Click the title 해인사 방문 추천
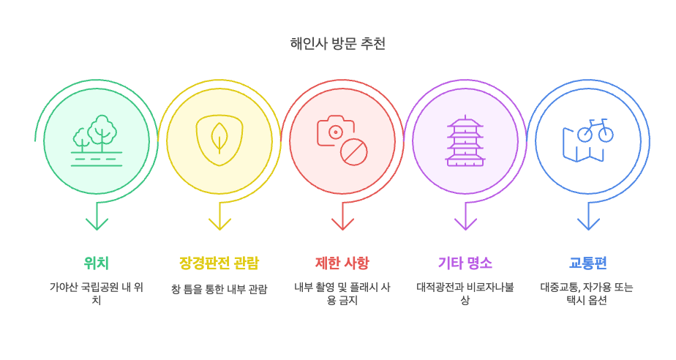click(337, 44)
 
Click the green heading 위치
click(97, 263)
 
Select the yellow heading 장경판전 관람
click(219, 263)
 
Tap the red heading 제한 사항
click(342, 263)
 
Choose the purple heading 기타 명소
click(465, 263)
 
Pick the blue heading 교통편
click(587, 263)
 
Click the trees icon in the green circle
click(97, 139)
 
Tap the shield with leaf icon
click(219, 140)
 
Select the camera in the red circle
click(334, 131)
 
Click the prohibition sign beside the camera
click(354, 152)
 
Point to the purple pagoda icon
click(465, 140)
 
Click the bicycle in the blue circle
click(595, 130)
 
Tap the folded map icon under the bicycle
click(582, 146)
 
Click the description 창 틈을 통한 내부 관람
click(219, 289)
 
